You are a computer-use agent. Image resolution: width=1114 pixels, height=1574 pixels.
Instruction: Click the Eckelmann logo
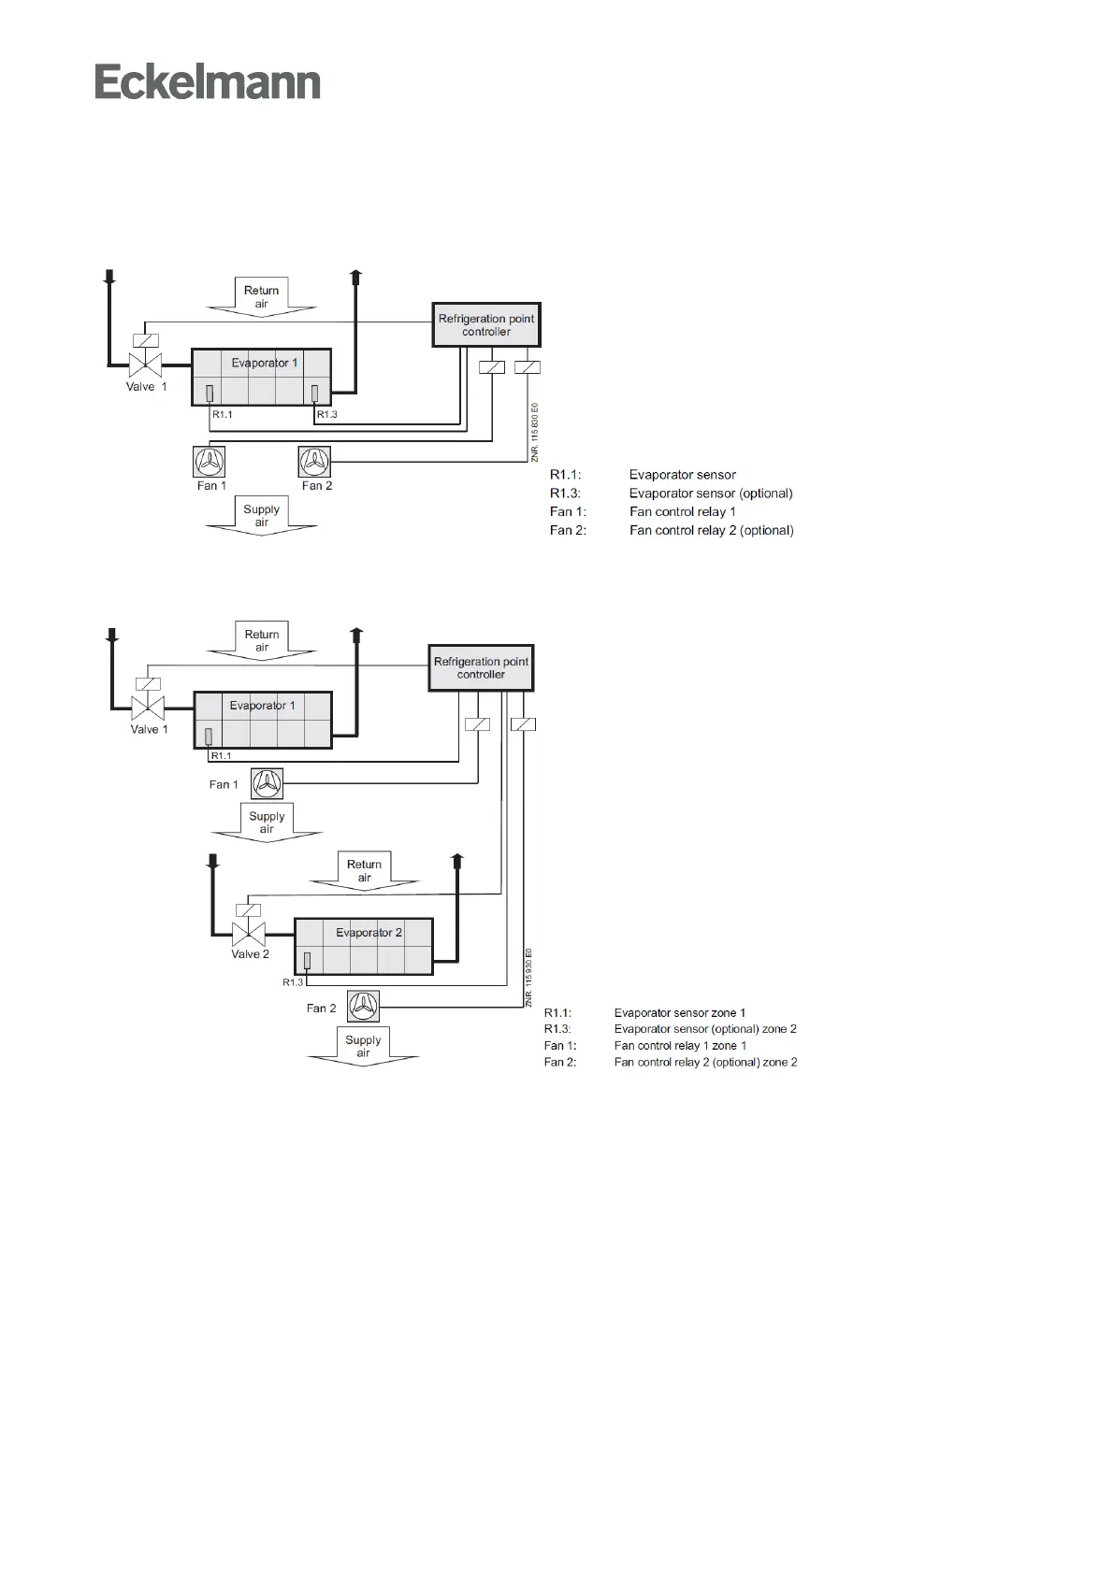coord(208,82)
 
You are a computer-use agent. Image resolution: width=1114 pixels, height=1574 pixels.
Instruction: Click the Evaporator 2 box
coord(364,946)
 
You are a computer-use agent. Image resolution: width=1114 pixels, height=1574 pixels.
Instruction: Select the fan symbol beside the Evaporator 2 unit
coord(364,1006)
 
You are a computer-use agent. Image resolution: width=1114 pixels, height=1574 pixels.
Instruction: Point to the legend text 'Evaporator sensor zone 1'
coord(679,1012)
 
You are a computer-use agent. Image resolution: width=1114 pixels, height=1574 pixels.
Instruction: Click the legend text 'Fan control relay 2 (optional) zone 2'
coord(705,1062)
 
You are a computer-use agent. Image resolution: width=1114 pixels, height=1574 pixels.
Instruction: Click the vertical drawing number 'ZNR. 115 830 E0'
coord(535,432)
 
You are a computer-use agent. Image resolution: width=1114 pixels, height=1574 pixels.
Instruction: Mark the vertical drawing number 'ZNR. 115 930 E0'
coord(528,976)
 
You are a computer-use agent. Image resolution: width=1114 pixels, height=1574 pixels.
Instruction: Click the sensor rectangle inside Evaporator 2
coord(307,960)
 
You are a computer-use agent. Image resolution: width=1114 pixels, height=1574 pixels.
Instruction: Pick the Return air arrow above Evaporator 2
coord(364,870)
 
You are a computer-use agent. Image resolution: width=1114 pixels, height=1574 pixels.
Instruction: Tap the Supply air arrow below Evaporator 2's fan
coord(363,1046)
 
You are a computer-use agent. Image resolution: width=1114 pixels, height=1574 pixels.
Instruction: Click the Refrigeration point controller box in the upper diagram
coord(486,324)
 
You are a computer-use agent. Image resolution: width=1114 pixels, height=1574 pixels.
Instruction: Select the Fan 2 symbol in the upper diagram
coord(314,461)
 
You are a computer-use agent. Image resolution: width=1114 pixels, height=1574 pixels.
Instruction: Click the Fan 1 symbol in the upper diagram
coord(210,461)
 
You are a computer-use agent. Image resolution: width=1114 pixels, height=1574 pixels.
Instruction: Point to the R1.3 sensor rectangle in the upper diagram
coord(314,393)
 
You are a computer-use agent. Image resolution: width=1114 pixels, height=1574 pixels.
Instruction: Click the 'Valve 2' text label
coord(251,954)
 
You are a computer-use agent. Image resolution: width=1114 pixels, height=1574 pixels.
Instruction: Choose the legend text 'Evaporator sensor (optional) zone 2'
coord(705,1029)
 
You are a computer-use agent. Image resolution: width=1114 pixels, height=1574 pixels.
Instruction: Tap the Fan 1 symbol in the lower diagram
coord(268,783)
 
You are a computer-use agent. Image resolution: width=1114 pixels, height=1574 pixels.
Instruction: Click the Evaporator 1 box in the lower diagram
coord(263,719)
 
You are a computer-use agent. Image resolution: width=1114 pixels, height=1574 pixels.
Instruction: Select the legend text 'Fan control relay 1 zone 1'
coord(680,1046)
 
